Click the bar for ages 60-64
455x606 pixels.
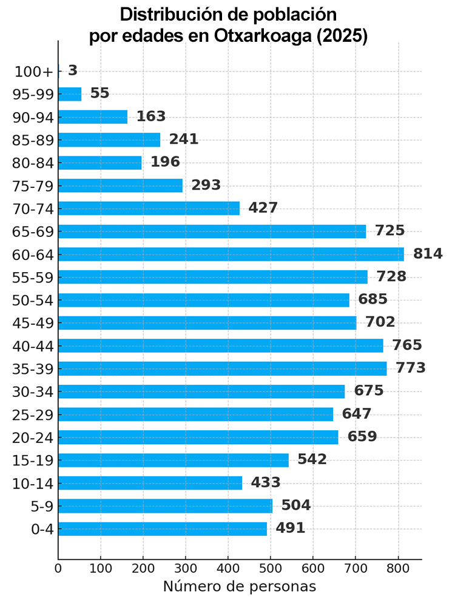[231, 254]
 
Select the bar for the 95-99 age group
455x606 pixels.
[70, 94]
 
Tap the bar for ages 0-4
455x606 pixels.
[163, 528]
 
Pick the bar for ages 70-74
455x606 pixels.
[149, 208]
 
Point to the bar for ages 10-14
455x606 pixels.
[150, 483]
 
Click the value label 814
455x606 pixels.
[428, 254]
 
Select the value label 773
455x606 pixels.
[411, 368]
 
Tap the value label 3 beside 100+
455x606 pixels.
[73, 71]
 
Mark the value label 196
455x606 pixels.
[165, 162]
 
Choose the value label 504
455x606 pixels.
[295, 505]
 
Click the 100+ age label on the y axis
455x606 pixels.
[35, 72]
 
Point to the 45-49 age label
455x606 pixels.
[33, 323]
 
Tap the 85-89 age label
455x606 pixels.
[33, 140]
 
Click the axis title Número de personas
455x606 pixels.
[239, 587]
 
